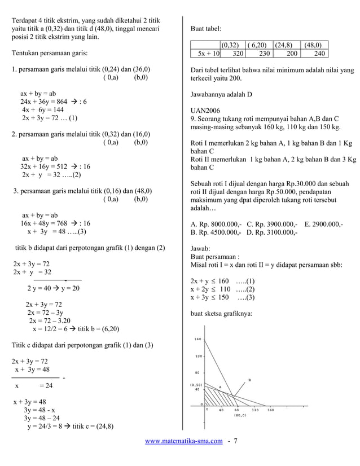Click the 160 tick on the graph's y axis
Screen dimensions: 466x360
point(198,339)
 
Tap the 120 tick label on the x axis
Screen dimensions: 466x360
point(255,410)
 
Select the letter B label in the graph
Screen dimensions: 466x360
point(249,380)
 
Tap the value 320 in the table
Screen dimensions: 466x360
point(238,54)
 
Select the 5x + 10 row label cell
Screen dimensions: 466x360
point(208,54)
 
